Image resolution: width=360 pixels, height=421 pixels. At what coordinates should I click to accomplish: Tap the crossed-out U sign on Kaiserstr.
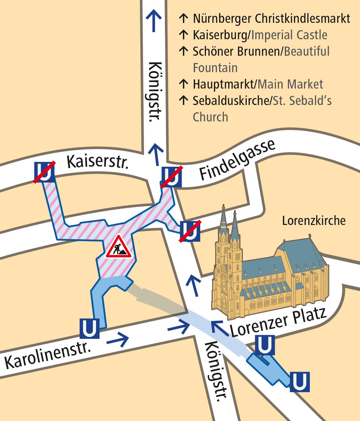click(x=44, y=172)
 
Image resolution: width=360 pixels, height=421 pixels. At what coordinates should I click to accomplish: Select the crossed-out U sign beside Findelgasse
click(x=172, y=177)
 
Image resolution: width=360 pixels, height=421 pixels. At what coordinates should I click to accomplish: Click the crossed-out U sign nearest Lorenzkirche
click(x=190, y=231)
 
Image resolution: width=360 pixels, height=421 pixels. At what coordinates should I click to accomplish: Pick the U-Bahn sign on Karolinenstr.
click(x=89, y=328)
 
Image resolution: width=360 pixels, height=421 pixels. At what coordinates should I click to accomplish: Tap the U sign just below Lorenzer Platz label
click(x=264, y=345)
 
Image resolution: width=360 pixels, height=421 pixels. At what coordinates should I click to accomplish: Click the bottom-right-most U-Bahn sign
click(x=299, y=381)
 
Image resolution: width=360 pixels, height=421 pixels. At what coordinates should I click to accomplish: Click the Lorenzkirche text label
click(x=314, y=221)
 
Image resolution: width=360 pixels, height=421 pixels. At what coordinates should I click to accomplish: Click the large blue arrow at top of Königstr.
click(x=154, y=20)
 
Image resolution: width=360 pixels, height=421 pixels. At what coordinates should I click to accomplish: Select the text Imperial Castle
click(x=289, y=35)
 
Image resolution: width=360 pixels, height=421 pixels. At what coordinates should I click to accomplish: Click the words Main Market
click(x=290, y=84)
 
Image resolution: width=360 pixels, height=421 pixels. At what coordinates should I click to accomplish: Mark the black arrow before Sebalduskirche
click(x=183, y=100)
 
